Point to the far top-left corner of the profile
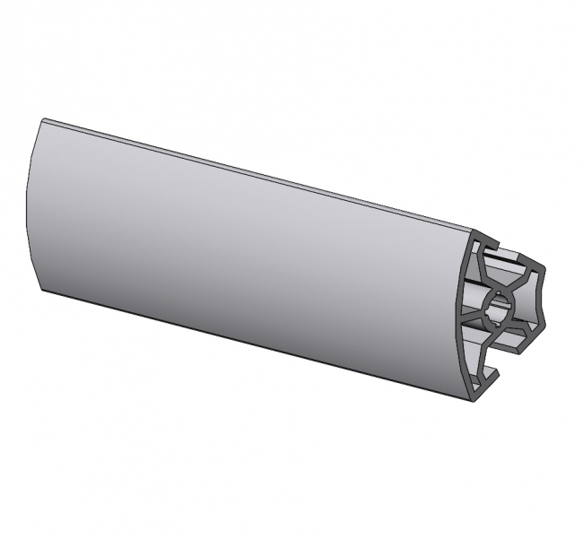tap(42, 119)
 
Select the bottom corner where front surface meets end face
tap(471, 395)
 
